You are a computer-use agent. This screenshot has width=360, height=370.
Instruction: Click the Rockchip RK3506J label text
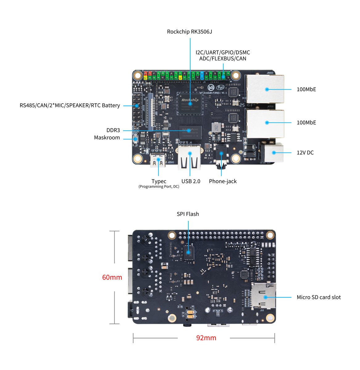189,32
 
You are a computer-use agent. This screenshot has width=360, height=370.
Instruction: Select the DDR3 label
113,130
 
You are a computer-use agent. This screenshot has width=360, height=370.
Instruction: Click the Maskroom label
107,138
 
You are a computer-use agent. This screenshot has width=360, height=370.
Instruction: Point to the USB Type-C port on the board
158,160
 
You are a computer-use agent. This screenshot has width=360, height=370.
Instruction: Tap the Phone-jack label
223,181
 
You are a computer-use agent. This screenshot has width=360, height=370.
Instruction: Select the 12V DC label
305,153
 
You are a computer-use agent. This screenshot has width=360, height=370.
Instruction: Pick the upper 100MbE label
306,89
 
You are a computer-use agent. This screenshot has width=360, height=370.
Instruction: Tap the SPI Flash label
188,214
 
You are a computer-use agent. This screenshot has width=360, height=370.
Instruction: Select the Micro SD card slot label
319,297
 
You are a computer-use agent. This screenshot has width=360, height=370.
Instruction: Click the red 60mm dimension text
112,277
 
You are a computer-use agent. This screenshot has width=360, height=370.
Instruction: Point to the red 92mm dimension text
206,338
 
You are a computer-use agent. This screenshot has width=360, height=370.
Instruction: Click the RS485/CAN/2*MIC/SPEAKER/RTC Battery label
70,105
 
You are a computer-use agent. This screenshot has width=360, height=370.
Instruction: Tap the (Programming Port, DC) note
159,187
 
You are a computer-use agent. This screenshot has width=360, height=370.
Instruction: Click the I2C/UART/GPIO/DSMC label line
223,53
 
